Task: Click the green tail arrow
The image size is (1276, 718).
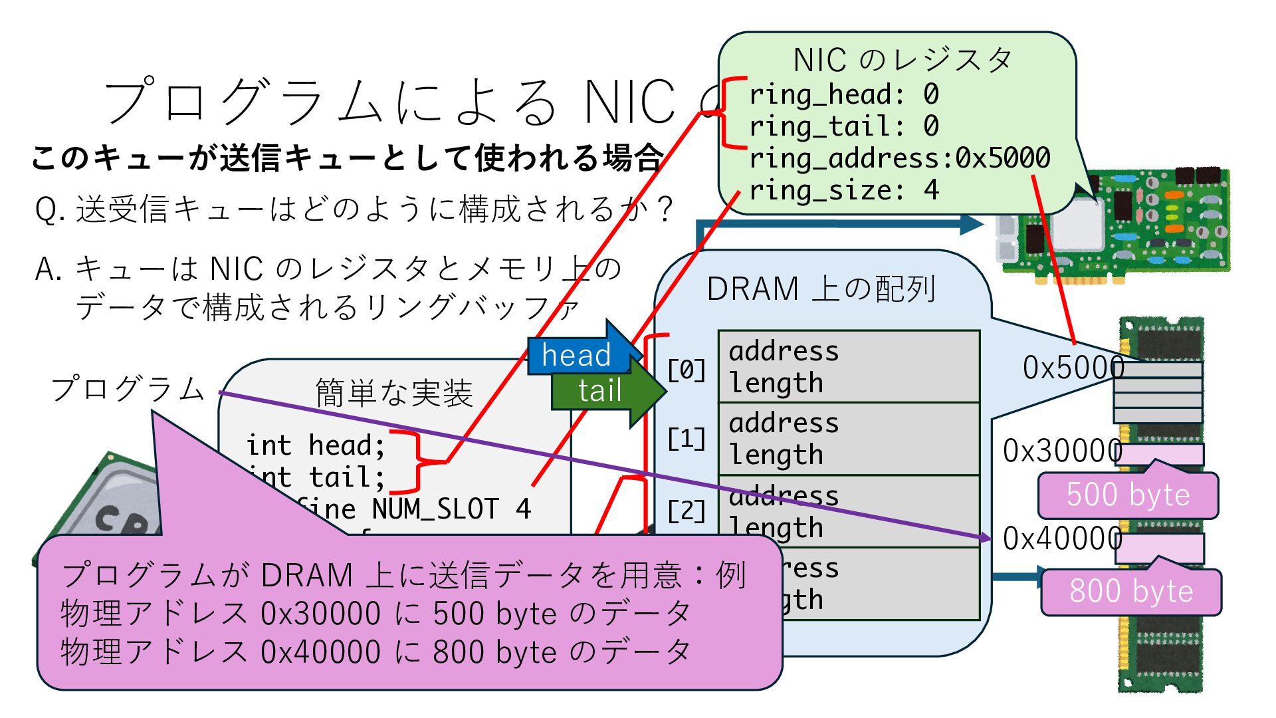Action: [x=600, y=390]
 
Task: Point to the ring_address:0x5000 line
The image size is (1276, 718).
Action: [x=899, y=158]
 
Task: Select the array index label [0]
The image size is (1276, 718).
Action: [x=687, y=370]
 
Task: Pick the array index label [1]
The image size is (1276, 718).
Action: [x=687, y=439]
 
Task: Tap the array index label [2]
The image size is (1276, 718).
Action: [x=687, y=511]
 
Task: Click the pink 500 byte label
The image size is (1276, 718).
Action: [x=1128, y=495]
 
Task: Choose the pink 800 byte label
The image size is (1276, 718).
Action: [x=1130, y=591]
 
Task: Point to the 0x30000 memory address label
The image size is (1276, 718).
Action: [x=1062, y=451]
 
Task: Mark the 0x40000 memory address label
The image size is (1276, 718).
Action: [x=1062, y=538]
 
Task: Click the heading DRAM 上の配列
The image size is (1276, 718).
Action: [x=821, y=289]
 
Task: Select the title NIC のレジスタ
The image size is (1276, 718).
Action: [x=902, y=60]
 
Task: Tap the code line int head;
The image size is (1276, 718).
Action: [x=316, y=445]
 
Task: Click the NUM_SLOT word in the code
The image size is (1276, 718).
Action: [x=435, y=509]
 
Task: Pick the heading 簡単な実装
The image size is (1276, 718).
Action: [x=394, y=392]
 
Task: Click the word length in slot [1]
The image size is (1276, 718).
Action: [x=776, y=455]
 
